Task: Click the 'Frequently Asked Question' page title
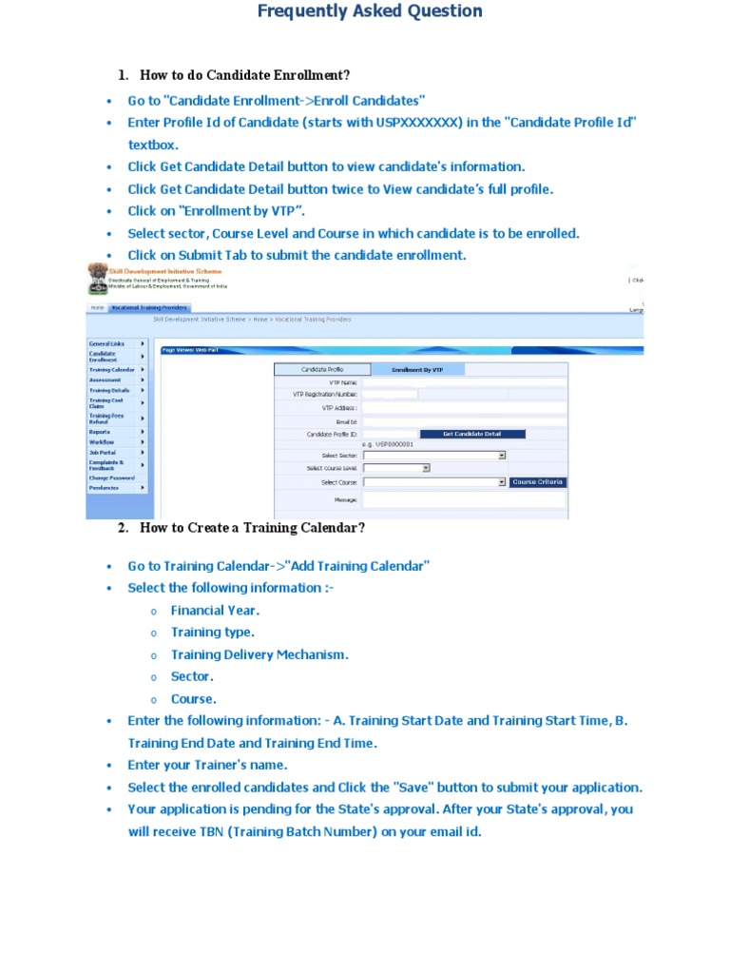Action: click(370, 11)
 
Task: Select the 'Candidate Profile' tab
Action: click(321, 369)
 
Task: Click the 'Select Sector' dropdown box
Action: click(434, 456)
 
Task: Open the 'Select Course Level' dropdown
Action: click(397, 468)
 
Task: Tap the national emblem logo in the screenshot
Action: click(97, 277)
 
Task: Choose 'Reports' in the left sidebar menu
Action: click(100, 432)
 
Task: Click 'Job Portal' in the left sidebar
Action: click(103, 453)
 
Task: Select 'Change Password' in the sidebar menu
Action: click(112, 477)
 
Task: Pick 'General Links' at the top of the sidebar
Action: click(106, 343)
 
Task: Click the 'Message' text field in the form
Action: click(464, 499)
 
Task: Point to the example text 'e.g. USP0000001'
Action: click(388, 444)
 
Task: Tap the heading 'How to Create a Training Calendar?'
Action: click(252, 528)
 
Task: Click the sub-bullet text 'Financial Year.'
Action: click(215, 611)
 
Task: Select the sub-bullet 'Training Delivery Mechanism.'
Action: click(259, 654)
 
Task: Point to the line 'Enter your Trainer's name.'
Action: click(207, 765)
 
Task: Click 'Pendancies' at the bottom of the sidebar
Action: click(104, 488)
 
